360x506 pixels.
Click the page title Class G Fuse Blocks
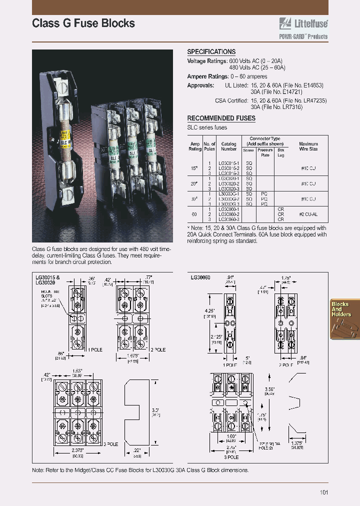[x=83, y=23]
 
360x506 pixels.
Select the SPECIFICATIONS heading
[x=211, y=52]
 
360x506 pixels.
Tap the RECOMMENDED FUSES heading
[x=221, y=118]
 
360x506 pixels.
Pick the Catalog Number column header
[x=228, y=146]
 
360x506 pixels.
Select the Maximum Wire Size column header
[x=308, y=146]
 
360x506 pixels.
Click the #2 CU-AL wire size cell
[x=308, y=214]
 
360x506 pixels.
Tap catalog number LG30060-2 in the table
[x=228, y=214]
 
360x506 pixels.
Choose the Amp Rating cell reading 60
[x=194, y=214]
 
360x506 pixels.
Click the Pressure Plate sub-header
[x=265, y=152]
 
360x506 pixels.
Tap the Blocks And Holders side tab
[x=341, y=309]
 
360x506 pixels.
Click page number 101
[x=323, y=492]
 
